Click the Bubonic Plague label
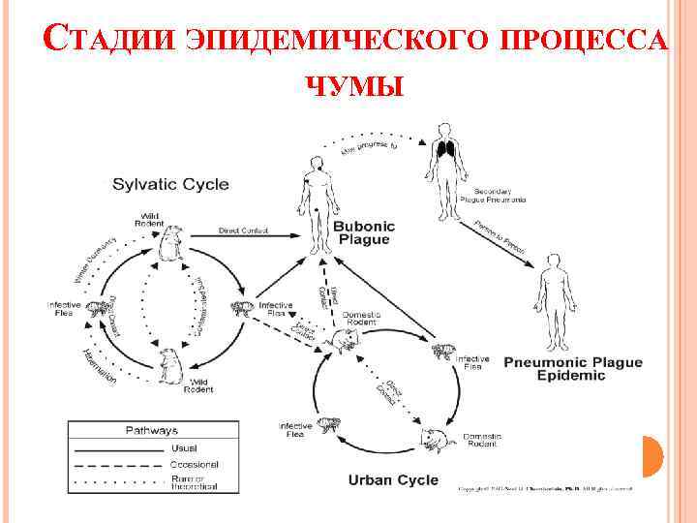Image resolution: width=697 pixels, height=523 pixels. click(362, 232)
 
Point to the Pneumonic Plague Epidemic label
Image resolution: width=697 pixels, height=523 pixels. click(572, 369)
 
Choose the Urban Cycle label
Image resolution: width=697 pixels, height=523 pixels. click(393, 479)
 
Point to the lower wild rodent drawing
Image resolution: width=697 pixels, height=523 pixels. click(171, 365)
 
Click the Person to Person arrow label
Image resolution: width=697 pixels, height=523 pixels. click(500, 238)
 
